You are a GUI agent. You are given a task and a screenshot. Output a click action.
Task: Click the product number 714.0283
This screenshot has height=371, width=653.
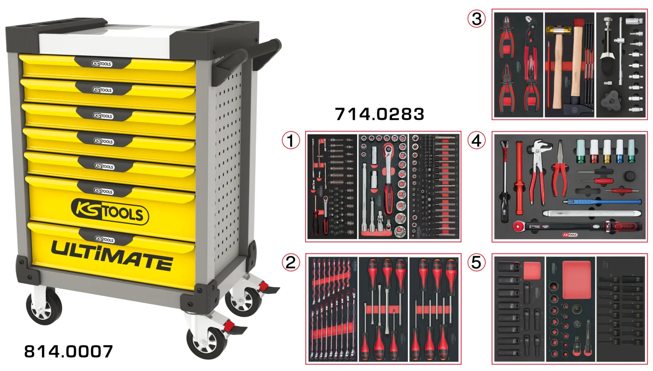pyautogui.click(x=380, y=114)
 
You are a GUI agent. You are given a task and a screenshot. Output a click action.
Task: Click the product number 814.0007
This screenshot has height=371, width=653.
pyautogui.click(x=68, y=351)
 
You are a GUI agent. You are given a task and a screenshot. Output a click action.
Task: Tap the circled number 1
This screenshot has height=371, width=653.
pyautogui.click(x=291, y=140)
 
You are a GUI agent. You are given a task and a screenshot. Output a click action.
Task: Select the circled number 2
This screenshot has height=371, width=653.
pyautogui.click(x=291, y=262)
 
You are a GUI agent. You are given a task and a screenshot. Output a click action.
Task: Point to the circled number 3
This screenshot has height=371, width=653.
pyautogui.click(x=476, y=19)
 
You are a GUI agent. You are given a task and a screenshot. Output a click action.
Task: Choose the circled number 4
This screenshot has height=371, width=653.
pyautogui.click(x=476, y=140)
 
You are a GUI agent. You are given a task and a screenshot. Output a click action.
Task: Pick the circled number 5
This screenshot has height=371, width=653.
pyautogui.click(x=476, y=262)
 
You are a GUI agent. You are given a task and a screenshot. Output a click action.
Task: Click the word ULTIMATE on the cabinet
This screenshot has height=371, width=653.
pyautogui.click(x=112, y=256)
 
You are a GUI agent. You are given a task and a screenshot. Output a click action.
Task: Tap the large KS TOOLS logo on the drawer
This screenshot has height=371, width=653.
pyautogui.click(x=110, y=211)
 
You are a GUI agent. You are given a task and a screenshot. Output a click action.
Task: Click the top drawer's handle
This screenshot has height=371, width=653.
pyautogui.click(x=102, y=64)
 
